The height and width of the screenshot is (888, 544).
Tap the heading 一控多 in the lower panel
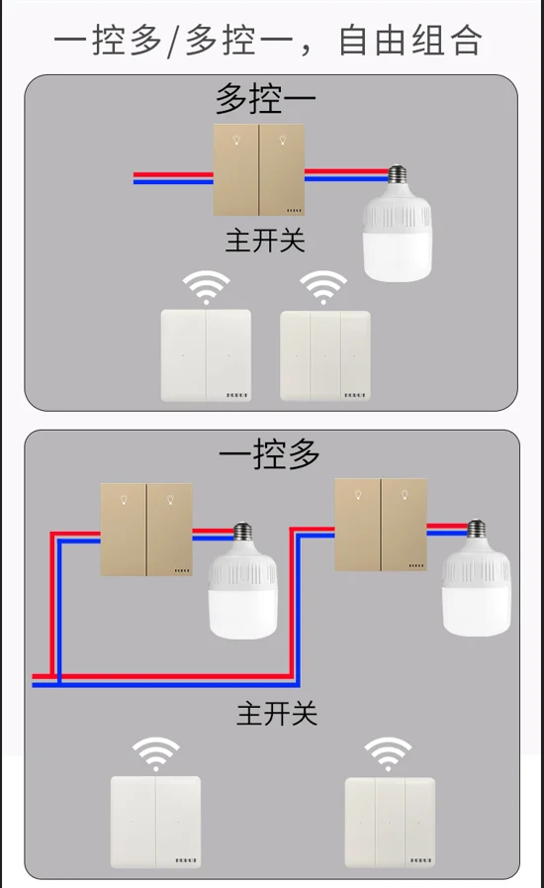pos(269,454)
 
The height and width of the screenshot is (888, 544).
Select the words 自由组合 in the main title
pos(409,41)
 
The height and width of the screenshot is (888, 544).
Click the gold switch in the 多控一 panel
pos(259,169)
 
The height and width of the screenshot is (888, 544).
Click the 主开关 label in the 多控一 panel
pos(265,240)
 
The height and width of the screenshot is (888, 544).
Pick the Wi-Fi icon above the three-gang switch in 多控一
pos(323,288)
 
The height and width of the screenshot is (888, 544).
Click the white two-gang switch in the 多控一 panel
pos(206,355)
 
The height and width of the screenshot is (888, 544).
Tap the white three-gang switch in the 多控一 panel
pos(325,355)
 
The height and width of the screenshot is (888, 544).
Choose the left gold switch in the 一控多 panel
pos(146,530)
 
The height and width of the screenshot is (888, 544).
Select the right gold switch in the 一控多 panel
pos(381,525)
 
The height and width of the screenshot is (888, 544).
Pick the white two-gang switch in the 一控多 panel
pos(155,823)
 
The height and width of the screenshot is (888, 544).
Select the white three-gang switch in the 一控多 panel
pos(390,823)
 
